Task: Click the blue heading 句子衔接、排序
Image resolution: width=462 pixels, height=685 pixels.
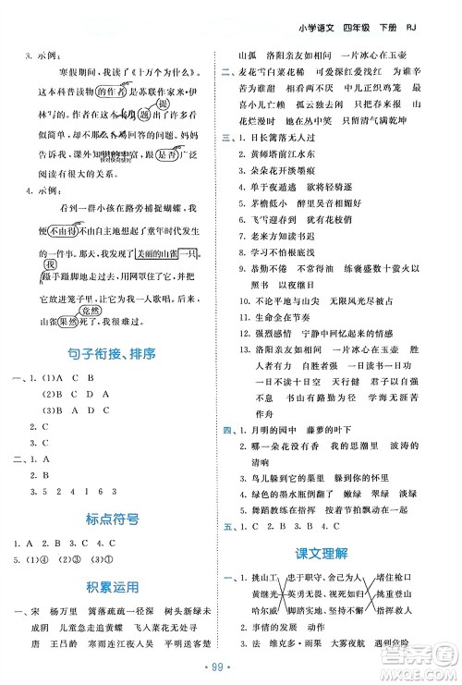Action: pyautogui.click(x=117, y=354)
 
